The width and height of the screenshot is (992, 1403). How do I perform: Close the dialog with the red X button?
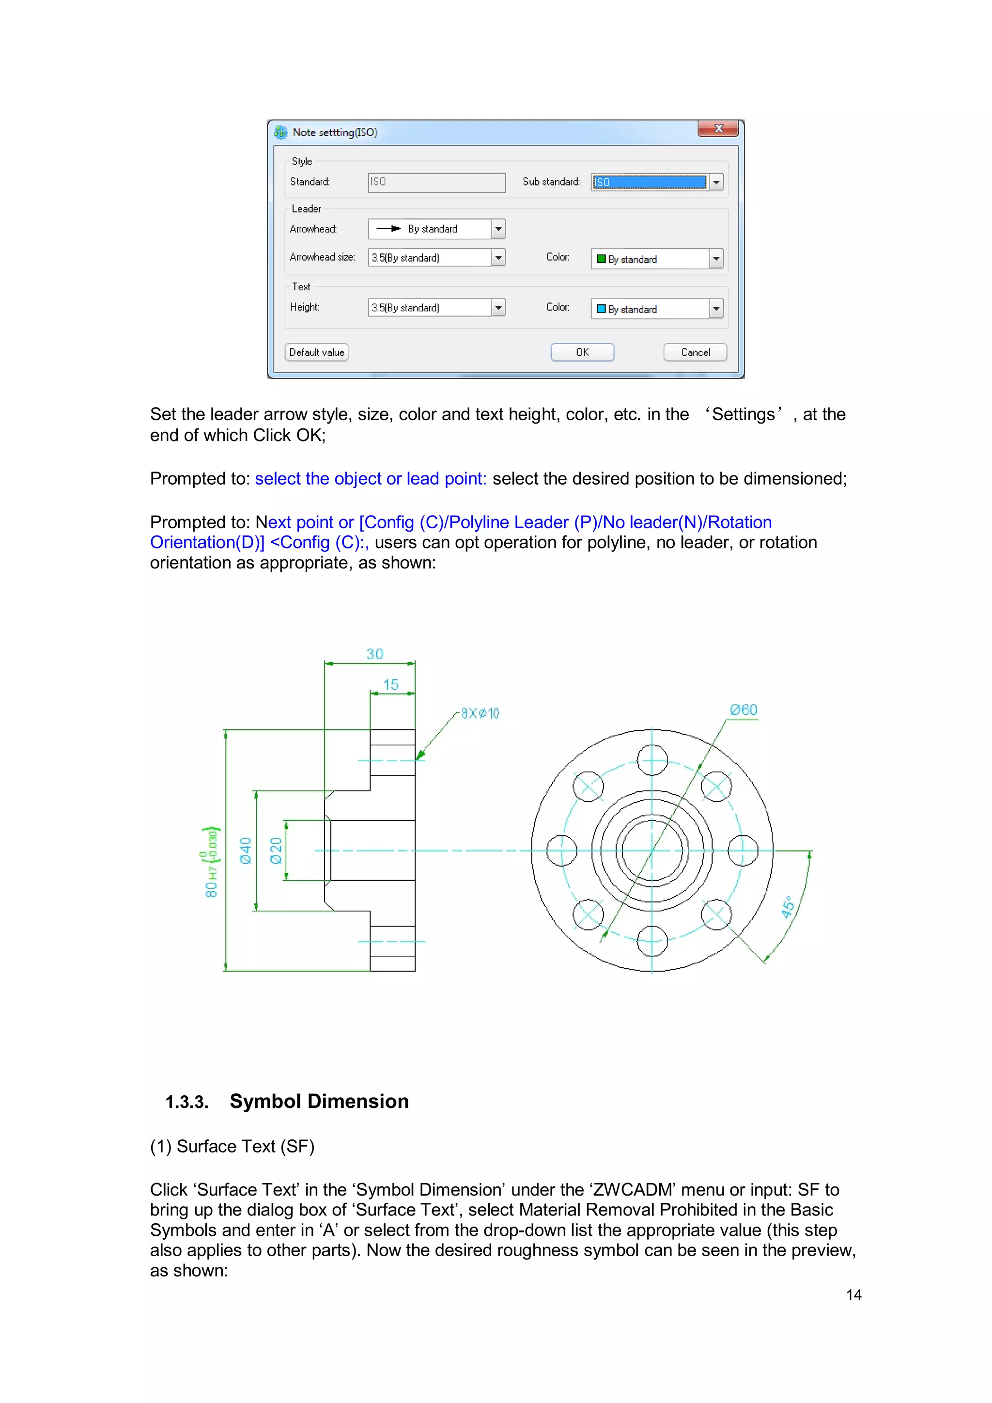(718, 128)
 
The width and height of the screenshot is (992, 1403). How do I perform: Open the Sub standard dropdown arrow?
(716, 182)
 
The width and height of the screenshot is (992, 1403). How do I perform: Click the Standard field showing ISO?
(436, 182)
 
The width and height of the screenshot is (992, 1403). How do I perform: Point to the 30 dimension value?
(374, 654)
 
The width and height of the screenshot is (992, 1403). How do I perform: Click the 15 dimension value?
(390, 684)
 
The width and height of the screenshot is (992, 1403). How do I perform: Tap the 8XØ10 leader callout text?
(480, 713)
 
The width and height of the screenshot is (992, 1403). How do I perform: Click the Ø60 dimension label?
(744, 709)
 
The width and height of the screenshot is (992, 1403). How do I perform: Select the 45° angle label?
(788, 907)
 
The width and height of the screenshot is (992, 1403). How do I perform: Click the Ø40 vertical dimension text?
(246, 851)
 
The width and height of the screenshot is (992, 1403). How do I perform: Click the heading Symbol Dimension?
(319, 1101)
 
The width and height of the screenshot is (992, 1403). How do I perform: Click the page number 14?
(853, 1295)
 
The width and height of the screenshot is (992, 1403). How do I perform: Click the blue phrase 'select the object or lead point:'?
(371, 478)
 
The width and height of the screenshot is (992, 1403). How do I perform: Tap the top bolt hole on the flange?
(652, 760)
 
